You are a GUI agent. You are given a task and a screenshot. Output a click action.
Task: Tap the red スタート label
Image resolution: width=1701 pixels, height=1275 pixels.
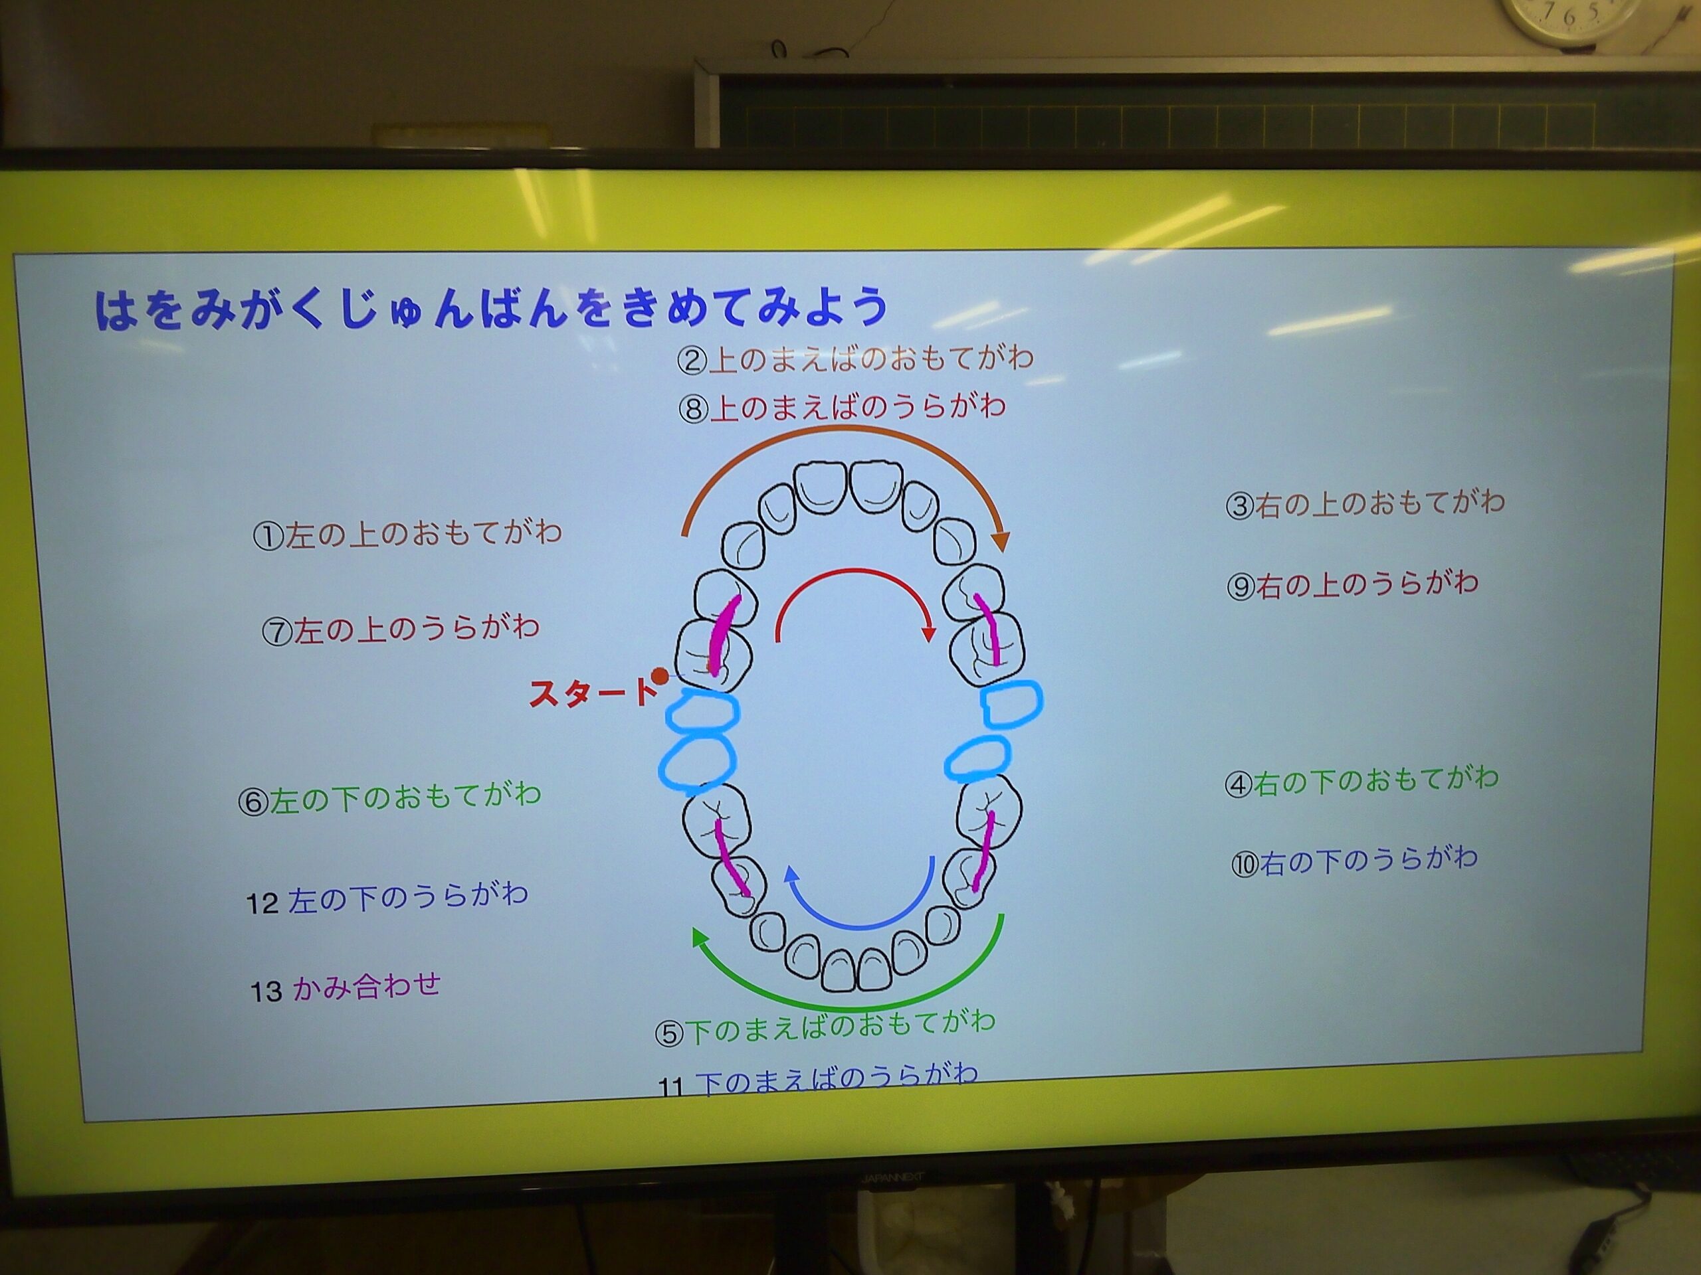click(x=592, y=693)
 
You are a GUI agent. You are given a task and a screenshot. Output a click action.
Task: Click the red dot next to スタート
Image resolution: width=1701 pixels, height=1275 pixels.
click(x=659, y=676)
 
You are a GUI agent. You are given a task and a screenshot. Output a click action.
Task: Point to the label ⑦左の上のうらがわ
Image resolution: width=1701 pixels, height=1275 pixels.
click(x=401, y=630)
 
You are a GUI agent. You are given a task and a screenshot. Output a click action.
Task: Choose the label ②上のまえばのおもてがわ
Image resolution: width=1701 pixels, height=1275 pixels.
click(x=855, y=359)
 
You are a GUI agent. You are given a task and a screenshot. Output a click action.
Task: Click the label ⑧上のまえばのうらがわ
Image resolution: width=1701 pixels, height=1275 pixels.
click(x=841, y=407)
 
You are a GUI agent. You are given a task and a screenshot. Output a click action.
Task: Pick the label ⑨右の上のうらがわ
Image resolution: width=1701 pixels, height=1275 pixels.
click(x=1353, y=585)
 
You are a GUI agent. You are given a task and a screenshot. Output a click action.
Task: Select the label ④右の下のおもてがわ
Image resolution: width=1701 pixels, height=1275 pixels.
click(x=1361, y=780)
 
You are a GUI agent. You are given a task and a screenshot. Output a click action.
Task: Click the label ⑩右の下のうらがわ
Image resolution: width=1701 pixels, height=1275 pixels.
click(x=1354, y=860)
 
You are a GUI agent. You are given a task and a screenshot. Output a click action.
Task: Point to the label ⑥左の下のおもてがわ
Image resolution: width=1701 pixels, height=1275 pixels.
click(x=390, y=797)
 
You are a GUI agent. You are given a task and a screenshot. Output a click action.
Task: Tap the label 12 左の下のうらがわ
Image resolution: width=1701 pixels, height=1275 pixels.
click(x=387, y=898)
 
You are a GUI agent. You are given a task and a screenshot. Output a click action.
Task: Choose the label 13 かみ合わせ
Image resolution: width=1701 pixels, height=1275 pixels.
click(x=346, y=987)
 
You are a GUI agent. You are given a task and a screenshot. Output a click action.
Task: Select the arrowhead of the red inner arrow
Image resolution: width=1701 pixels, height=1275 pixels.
click(x=929, y=634)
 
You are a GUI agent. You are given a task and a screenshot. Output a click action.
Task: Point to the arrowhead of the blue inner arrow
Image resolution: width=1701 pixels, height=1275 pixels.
click(x=791, y=873)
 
